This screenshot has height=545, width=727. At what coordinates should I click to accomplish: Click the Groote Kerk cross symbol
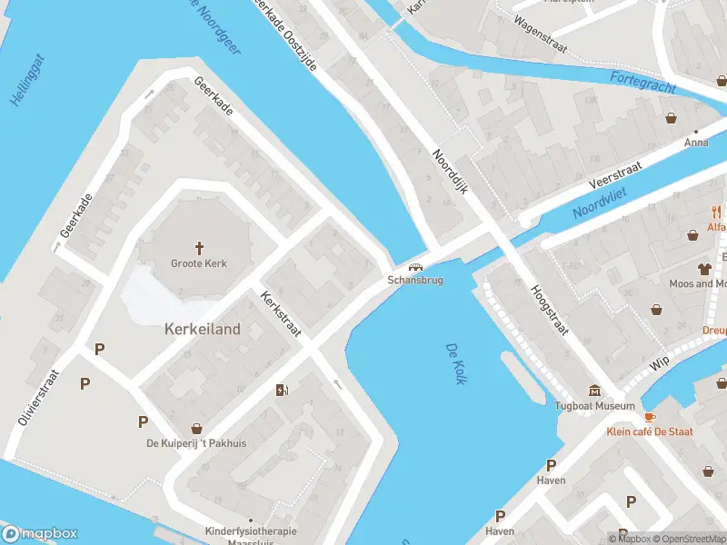tap(199, 247)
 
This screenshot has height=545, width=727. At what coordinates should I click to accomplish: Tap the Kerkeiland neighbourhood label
tap(203, 329)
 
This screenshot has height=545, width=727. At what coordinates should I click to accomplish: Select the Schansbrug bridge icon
tap(416, 267)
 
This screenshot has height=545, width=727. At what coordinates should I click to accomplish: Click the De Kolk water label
tap(456, 363)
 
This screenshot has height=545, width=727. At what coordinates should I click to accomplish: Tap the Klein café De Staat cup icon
tap(649, 417)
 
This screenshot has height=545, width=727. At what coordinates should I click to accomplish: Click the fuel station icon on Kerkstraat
tap(282, 391)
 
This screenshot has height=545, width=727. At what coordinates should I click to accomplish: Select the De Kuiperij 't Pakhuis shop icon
tap(196, 428)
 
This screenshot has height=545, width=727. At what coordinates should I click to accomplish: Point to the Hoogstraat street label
tap(549, 309)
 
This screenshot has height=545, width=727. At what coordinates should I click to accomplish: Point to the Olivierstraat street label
tap(37, 398)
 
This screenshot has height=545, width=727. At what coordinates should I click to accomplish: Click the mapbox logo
tap(40, 534)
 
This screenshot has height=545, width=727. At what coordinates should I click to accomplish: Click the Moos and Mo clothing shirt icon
tap(704, 268)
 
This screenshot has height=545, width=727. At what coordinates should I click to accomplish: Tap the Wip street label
tap(659, 364)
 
